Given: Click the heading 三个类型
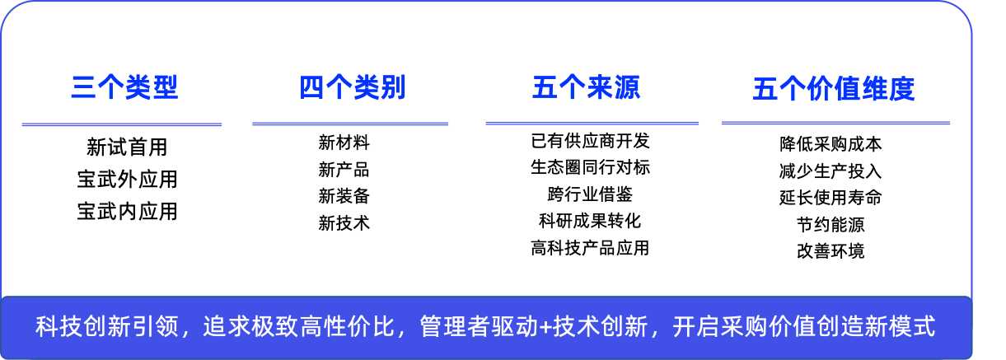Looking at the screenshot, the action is pos(125,87).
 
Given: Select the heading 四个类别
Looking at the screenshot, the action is pos(353,87).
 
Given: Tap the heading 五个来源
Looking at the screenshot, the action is pos(586,87).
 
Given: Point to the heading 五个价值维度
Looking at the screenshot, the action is pos(834,89).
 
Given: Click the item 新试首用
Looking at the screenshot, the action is pos(127,147).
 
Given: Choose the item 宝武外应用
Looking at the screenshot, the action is pos(127,179).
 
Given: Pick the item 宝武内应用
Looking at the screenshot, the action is pos(127,212).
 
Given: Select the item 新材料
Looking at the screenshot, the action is pos(344,143).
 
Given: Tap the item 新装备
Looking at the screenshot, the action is pos(344,196).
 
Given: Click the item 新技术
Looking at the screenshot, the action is pos(344,223).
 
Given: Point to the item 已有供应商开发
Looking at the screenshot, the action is pos(590,141).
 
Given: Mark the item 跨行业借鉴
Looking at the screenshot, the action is pos(590,194).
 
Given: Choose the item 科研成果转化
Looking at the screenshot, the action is pos(590,221).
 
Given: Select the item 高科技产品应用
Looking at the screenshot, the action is pos(590,248).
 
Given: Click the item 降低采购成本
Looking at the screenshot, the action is pos(831,144).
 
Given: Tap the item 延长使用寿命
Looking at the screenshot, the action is pos(831,198).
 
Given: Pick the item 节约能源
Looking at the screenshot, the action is pos(831,224).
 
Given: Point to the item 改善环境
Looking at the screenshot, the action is pos(831,251).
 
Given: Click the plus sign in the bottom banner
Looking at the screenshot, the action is pos(545,327).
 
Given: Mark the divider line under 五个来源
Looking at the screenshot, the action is pos(592,123).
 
